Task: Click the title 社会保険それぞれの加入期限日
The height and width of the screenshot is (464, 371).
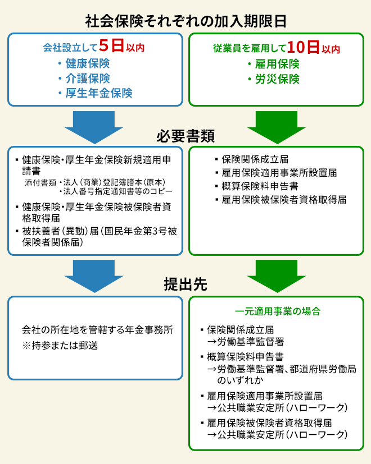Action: (x=185, y=20)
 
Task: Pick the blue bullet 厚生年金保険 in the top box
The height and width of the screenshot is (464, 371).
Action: (x=98, y=93)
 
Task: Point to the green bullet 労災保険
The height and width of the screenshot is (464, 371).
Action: (x=277, y=79)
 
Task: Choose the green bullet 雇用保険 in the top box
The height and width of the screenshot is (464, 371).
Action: (x=277, y=63)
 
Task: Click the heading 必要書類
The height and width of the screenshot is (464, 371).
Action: (x=185, y=136)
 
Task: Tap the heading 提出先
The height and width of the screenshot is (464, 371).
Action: (x=185, y=284)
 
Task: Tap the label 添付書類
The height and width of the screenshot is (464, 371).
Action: (x=40, y=182)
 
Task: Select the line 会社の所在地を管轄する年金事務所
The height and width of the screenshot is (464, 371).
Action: (x=97, y=330)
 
